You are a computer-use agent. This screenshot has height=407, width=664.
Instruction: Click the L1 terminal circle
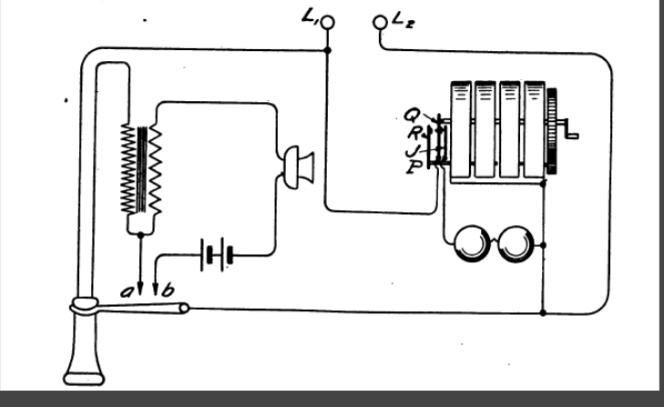[329, 21]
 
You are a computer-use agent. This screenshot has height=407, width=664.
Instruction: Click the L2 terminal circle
[381, 21]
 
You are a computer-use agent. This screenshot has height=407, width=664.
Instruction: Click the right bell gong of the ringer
[516, 243]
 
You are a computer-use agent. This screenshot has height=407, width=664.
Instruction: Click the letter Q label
[411, 114]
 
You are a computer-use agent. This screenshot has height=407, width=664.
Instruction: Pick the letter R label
[413, 130]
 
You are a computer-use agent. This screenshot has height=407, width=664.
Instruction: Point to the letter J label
[412, 147]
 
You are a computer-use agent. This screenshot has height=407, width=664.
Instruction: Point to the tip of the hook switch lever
[184, 309]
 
